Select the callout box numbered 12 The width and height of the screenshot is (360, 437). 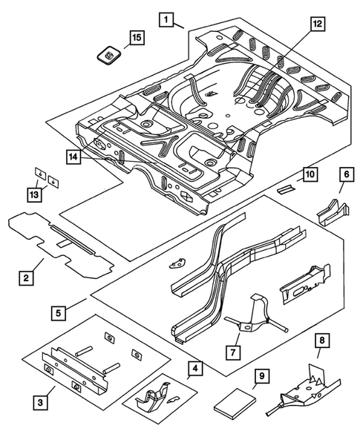click(x=318, y=24)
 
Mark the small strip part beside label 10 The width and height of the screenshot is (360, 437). click(x=286, y=188)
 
